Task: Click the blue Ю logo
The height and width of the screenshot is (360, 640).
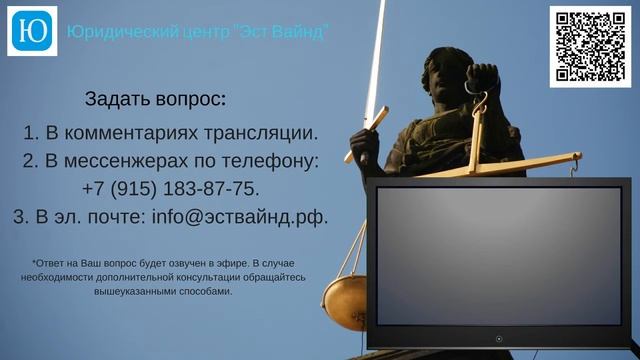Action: tap(32, 31)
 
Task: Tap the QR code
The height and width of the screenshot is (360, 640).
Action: tap(590, 46)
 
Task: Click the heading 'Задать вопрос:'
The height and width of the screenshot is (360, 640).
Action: tap(156, 99)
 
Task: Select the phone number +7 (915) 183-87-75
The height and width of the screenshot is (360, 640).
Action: tap(171, 188)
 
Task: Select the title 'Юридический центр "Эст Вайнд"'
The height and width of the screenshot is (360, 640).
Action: tap(198, 32)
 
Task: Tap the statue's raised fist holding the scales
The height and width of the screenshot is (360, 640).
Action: tap(484, 77)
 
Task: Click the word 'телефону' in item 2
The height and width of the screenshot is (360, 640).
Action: tap(276, 160)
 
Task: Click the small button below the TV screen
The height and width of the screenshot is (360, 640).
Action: tap(502, 338)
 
